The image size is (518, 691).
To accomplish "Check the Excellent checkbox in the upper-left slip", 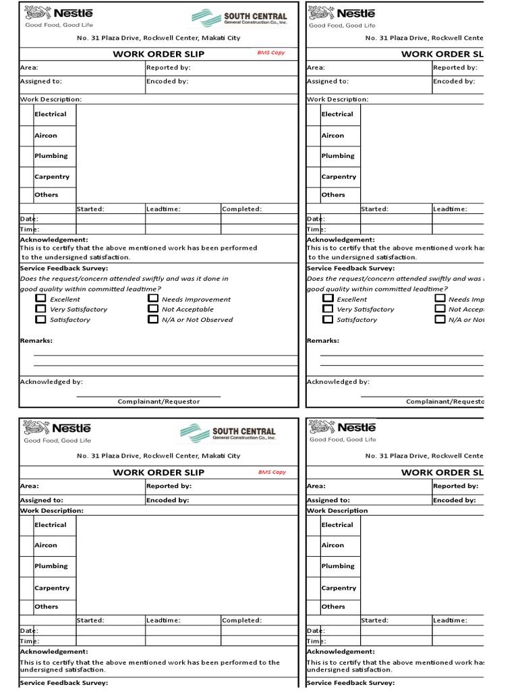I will (x=41, y=298).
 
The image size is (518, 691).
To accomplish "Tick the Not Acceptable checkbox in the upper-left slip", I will (x=153, y=308).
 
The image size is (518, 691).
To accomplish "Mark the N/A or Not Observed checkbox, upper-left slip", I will (x=153, y=319).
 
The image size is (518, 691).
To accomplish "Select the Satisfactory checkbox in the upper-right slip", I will (x=328, y=319).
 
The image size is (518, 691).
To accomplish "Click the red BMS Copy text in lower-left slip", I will (x=272, y=472).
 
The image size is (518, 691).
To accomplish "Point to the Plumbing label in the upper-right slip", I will (x=338, y=156).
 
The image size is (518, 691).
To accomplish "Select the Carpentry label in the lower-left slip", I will (x=52, y=588).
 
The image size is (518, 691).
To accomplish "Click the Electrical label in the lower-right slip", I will (x=337, y=524).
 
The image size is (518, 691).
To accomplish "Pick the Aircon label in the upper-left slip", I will (x=46, y=136).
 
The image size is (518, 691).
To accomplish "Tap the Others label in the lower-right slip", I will (x=333, y=607).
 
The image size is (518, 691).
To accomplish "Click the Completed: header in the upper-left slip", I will (x=242, y=209).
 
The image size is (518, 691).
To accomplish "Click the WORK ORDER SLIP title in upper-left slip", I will (x=159, y=54).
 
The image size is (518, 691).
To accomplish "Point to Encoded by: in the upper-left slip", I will (x=167, y=81).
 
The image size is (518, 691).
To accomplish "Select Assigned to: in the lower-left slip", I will (x=42, y=500).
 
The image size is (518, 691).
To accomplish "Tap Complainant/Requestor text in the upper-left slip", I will (x=159, y=402).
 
